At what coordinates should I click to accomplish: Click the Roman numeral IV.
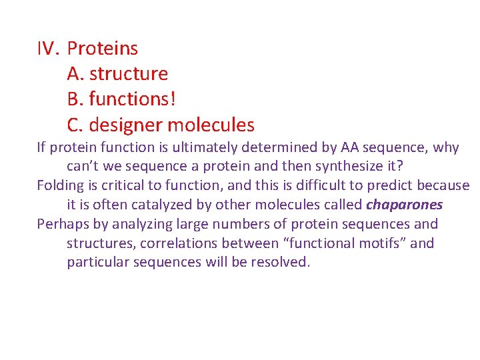48,49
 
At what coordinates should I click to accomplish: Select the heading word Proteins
103,49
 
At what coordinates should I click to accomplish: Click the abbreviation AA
350,148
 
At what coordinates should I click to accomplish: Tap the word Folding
60,185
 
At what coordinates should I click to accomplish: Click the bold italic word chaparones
404,205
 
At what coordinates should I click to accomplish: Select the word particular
98,262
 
